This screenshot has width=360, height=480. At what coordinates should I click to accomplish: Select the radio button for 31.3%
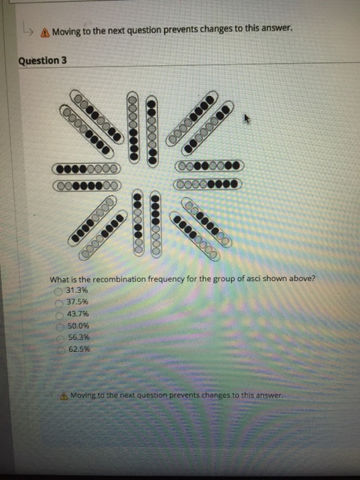60,291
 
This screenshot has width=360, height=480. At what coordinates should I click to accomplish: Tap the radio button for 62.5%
62,349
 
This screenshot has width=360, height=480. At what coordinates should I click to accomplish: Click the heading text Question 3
43,60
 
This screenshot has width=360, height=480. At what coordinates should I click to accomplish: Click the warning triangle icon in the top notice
45,31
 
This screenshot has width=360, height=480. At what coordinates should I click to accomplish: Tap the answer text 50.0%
80,326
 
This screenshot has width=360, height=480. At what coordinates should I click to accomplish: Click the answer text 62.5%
80,349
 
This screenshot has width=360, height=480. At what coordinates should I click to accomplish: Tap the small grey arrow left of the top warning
27,29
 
